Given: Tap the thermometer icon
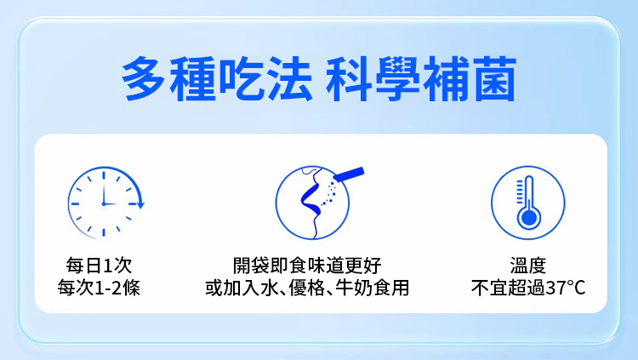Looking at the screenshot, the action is [527, 203].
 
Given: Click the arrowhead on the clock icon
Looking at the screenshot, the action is [140, 203].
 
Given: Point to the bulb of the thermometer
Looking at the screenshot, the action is [528, 218].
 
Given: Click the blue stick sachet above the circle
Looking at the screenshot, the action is [349, 174].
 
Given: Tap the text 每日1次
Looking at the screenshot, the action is [99, 266].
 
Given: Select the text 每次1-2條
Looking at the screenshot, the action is [99, 288].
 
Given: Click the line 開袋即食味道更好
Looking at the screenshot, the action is [307, 266].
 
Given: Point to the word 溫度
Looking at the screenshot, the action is [528, 266].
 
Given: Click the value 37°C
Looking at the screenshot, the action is [566, 288].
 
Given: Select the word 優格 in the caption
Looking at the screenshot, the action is [306, 288].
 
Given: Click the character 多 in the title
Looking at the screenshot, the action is [144, 78].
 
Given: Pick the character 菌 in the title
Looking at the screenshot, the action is [495, 78].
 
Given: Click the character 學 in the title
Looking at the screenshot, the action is [396, 78].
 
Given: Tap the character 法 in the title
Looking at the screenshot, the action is [290, 78].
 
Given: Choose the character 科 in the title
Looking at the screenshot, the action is [348, 78].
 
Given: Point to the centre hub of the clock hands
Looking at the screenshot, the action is [104, 203].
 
